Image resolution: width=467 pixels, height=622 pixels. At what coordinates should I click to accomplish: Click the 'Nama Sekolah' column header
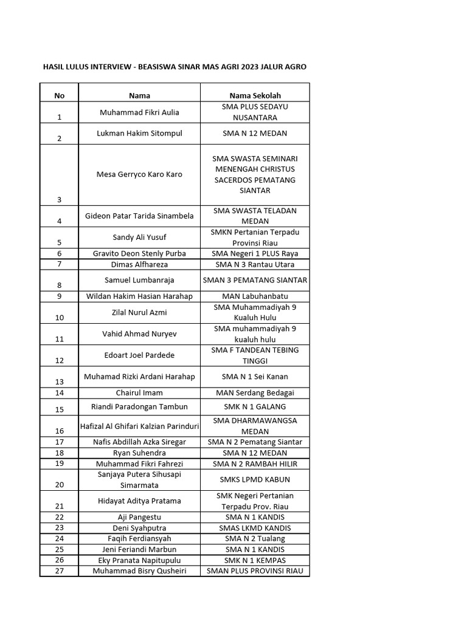pyautogui.click(x=255, y=95)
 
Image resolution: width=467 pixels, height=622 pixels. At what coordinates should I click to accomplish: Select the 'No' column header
pyautogui.click(x=59, y=95)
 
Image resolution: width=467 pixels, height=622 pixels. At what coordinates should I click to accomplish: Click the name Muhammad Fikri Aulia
pyautogui.click(x=139, y=112)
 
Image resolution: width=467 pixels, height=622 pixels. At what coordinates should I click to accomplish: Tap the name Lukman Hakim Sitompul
pyautogui.click(x=139, y=133)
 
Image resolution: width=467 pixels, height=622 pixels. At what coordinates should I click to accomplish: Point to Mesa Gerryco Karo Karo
pyautogui.click(x=139, y=174)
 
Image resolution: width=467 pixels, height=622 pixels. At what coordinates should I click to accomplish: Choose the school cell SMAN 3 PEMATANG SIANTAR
pyautogui.click(x=255, y=280)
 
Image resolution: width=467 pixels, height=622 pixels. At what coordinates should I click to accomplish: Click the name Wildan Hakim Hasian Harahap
pyautogui.click(x=139, y=296)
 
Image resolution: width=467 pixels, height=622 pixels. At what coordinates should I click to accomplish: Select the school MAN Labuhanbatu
pyautogui.click(x=255, y=296)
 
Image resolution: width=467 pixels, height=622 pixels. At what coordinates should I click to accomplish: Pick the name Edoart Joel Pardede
pyautogui.click(x=139, y=355)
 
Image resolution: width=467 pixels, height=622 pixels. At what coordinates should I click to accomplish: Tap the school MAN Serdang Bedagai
pyautogui.click(x=255, y=393)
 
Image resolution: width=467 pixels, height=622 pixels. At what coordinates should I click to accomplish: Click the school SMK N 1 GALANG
pyautogui.click(x=255, y=406)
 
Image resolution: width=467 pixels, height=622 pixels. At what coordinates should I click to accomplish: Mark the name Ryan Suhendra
pyautogui.click(x=139, y=453)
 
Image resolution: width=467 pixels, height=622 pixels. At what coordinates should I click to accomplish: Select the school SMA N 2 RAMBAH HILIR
pyautogui.click(x=255, y=463)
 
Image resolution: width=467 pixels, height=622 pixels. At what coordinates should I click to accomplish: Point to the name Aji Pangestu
pyautogui.click(x=139, y=517)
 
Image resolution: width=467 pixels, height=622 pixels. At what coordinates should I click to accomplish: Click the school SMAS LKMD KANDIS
pyautogui.click(x=255, y=528)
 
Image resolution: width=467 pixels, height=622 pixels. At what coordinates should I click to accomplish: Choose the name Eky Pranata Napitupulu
pyautogui.click(x=139, y=560)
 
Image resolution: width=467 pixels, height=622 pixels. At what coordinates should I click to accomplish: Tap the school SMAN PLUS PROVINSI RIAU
pyautogui.click(x=255, y=571)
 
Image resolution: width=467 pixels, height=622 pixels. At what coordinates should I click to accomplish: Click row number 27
pyautogui.click(x=59, y=571)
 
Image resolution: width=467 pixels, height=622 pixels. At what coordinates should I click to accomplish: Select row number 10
pyautogui.click(x=59, y=317)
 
